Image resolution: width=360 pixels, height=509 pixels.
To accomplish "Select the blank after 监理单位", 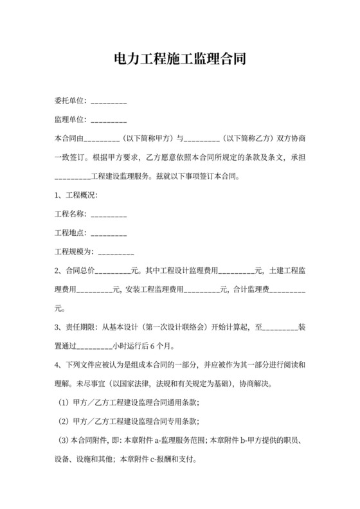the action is pos(109,120).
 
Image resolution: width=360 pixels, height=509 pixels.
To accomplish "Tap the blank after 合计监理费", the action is pos(285,288).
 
